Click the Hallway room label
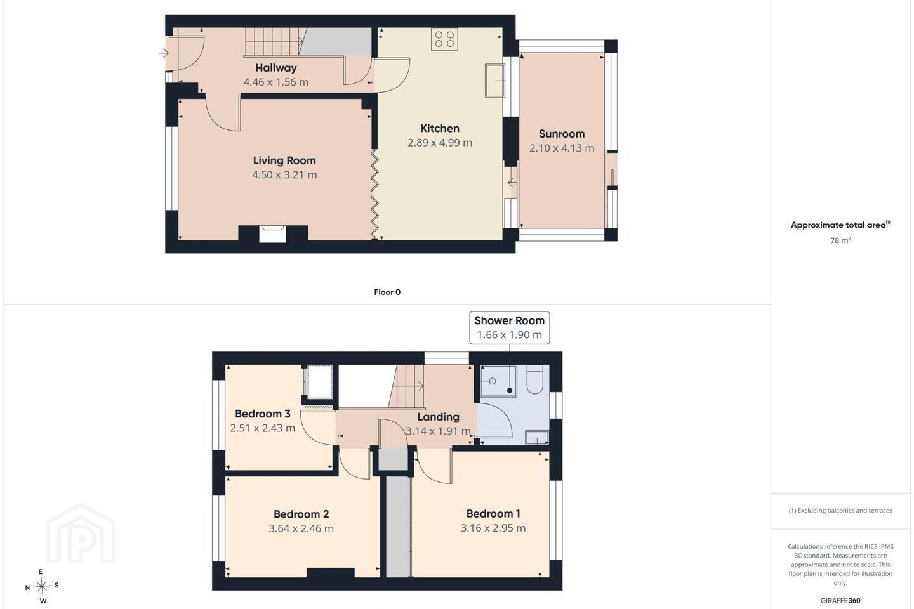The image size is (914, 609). tap(276, 68)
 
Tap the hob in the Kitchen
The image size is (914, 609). tap(444, 39)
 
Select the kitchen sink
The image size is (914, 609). tap(495, 81)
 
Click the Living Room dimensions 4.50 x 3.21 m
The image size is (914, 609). tap(284, 175)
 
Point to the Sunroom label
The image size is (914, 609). tap(562, 134)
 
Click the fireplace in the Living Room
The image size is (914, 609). tap(272, 233)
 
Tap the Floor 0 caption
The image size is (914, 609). tap(387, 292)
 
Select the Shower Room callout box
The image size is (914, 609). tap(509, 327)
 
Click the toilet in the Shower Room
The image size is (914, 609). tap(534, 379)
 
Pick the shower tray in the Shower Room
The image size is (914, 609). tap(498, 381)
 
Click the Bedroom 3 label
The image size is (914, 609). tap(262, 414)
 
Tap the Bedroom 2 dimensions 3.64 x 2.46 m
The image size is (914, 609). tap(301, 528)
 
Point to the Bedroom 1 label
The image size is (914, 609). tap(493, 514)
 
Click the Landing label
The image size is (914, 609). tap(438, 417)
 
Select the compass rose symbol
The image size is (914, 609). tap(42, 587)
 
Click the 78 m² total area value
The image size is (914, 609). tap(840, 240)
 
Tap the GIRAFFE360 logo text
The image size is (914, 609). tap(840, 600)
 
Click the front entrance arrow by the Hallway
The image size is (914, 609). tap(164, 53)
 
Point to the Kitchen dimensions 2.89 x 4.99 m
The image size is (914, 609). tap(440, 143)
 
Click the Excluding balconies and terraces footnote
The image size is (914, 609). tap(840, 510)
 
